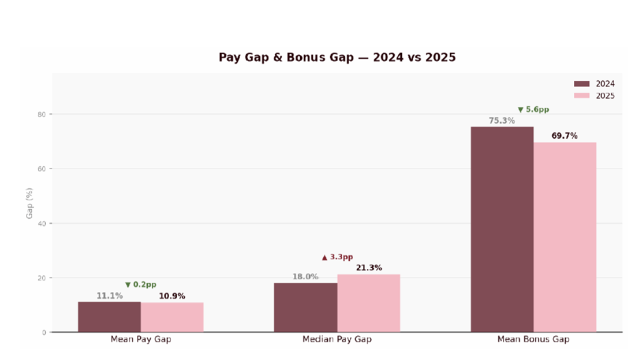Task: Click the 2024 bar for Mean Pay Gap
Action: click(x=110, y=317)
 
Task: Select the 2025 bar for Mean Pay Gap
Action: click(x=172, y=317)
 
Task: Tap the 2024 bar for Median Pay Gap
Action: click(x=305, y=307)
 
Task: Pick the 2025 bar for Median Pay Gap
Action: click(x=368, y=303)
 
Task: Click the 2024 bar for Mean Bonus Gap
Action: click(x=502, y=229)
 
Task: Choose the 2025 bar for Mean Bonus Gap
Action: click(x=565, y=237)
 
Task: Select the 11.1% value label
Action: click(x=109, y=296)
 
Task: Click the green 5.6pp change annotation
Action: click(x=533, y=109)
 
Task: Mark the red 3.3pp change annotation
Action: click(x=337, y=257)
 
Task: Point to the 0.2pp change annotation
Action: click(x=140, y=284)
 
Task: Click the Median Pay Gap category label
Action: click(x=337, y=339)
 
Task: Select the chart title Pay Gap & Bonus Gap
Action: click(x=337, y=58)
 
